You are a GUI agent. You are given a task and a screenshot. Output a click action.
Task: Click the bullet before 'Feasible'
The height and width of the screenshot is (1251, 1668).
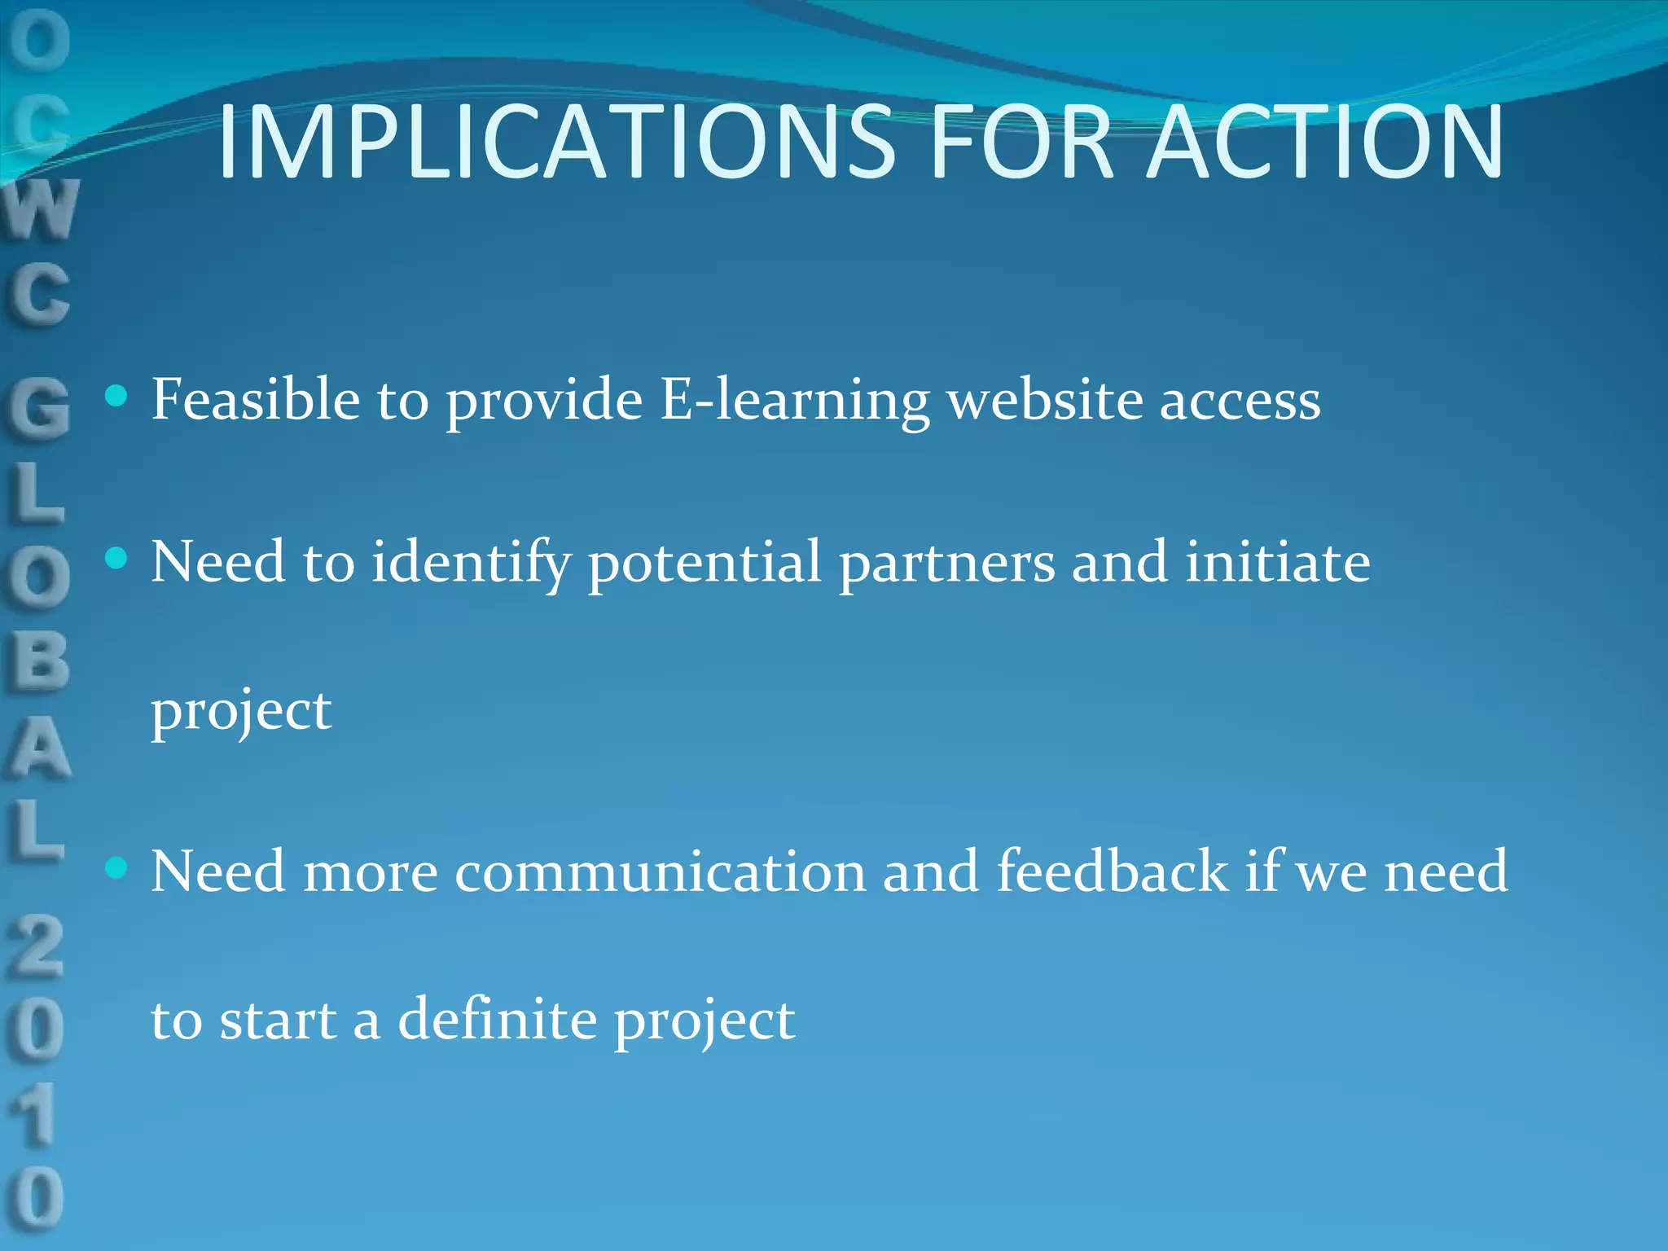[x=117, y=397]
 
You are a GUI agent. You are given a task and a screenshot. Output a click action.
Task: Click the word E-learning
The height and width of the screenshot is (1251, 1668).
[x=794, y=401]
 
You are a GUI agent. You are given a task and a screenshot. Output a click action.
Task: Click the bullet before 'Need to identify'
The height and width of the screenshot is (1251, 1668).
[x=117, y=558]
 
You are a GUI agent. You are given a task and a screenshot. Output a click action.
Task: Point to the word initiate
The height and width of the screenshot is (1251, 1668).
[x=1277, y=562]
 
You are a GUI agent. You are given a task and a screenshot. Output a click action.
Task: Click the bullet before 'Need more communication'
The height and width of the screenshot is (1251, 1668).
[x=117, y=867]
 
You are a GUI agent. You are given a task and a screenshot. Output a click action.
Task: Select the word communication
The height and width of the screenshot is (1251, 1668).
[x=660, y=871]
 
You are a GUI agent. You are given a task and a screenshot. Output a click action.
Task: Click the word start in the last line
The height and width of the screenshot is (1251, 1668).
[x=278, y=1020]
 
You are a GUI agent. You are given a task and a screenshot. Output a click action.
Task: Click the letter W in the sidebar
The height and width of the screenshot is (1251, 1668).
[x=41, y=209]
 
